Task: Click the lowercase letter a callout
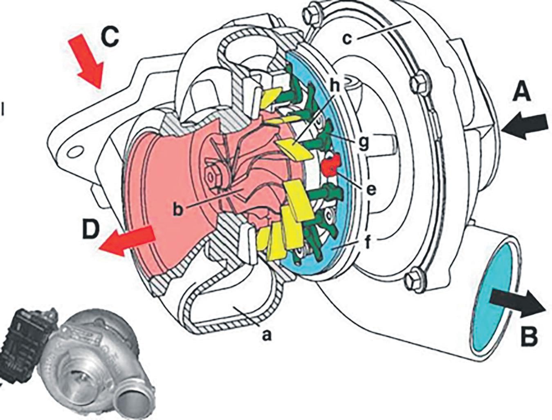click(266, 335)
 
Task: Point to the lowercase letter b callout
click(177, 208)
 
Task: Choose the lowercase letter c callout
click(347, 39)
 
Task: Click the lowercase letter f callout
click(367, 244)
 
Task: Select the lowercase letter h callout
click(335, 86)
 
